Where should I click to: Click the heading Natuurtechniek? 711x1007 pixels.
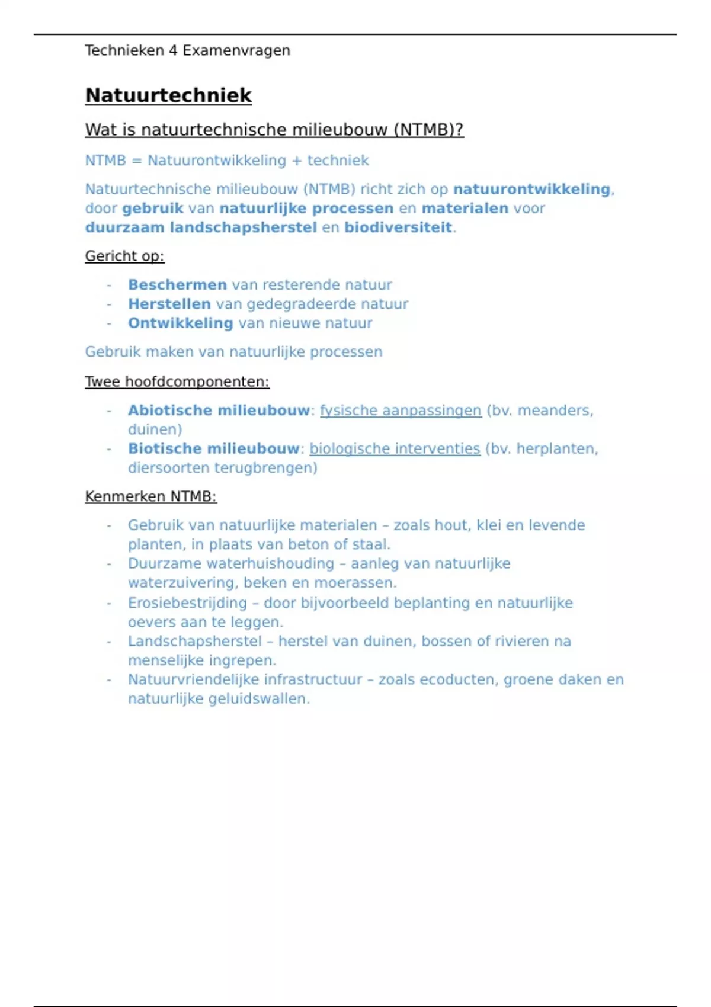(168, 95)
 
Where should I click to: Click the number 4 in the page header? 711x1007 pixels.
(173, 51)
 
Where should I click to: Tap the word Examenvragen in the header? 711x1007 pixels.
(236, 51)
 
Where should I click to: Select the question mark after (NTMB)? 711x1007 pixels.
(459, 130)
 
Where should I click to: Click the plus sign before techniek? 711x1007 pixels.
(297, 161)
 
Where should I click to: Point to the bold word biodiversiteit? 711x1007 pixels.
(398, 227)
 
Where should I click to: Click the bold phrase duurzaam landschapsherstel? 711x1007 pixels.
(201, 227)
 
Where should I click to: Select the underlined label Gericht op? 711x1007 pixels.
(124, 256)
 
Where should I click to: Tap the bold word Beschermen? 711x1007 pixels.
(177, 285)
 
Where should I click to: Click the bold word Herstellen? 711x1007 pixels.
(169, 304)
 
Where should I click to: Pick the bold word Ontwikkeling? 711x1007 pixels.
(180, 323)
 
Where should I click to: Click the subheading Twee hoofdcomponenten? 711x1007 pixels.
(177, 382)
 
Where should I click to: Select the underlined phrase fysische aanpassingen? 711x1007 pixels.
(401, 411)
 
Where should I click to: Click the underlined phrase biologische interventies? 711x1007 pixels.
(395, 449)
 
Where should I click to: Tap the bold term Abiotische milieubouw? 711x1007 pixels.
(219, 411)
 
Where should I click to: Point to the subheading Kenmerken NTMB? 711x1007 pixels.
(150, 497)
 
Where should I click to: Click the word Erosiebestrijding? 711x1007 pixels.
(187, 603)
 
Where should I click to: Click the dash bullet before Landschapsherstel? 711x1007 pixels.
(109, 642)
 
